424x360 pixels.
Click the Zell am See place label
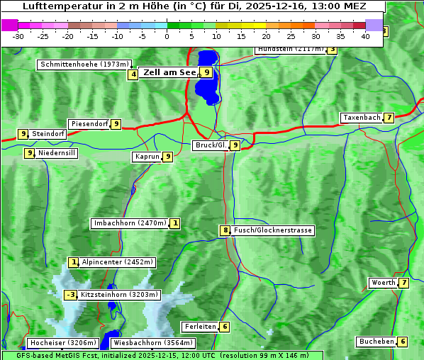[x=169, y=72]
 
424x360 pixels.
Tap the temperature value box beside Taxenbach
[x=389, y=118]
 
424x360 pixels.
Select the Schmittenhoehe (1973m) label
[x=84, y=64]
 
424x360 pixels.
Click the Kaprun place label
[x=146, y=157]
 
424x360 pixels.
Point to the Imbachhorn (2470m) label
[x=130, y=224]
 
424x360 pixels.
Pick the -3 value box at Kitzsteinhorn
[x=70, y=295]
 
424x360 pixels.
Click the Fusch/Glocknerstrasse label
[x=273, y=230]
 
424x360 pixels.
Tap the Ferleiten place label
[x=199, y=327]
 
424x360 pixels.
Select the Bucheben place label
[x=376, y=342]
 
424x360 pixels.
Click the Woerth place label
[x=383, y=283]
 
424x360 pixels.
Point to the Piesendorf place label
[x=89, y=124]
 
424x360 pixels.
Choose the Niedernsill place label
[x=57, y=152]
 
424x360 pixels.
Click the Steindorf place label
[x=48, y=133]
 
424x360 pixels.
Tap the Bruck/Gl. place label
[x=211, y=145]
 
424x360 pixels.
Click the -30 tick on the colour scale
[x=19, y=35]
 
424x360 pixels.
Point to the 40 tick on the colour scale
[x=365, y=35]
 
